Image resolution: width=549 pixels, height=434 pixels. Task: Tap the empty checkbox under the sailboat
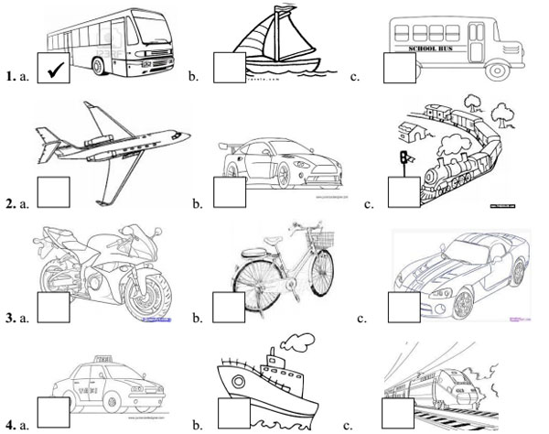coord(228,68)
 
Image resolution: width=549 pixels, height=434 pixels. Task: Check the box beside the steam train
coord(403,192)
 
